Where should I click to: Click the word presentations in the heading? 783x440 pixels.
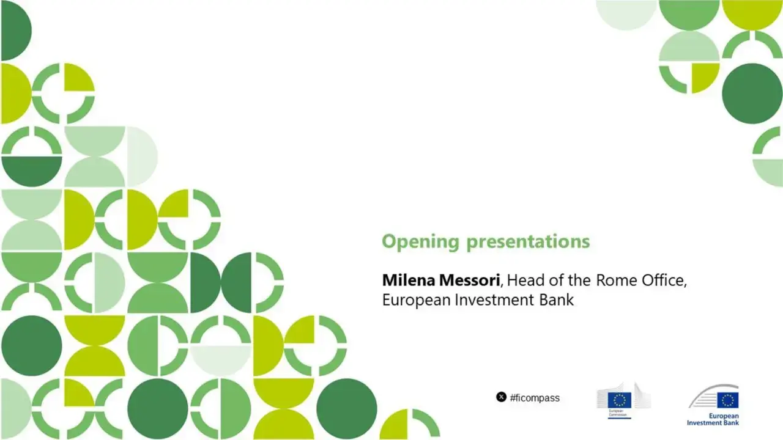528,242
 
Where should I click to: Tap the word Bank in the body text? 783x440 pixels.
557,301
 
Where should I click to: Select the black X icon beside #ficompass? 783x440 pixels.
501,397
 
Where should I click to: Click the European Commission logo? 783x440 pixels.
623,401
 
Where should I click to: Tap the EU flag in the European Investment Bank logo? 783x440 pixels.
728,400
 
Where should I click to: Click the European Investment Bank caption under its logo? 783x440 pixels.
713,419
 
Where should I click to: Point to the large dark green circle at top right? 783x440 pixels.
752,94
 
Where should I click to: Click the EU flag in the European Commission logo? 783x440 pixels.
618,400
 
